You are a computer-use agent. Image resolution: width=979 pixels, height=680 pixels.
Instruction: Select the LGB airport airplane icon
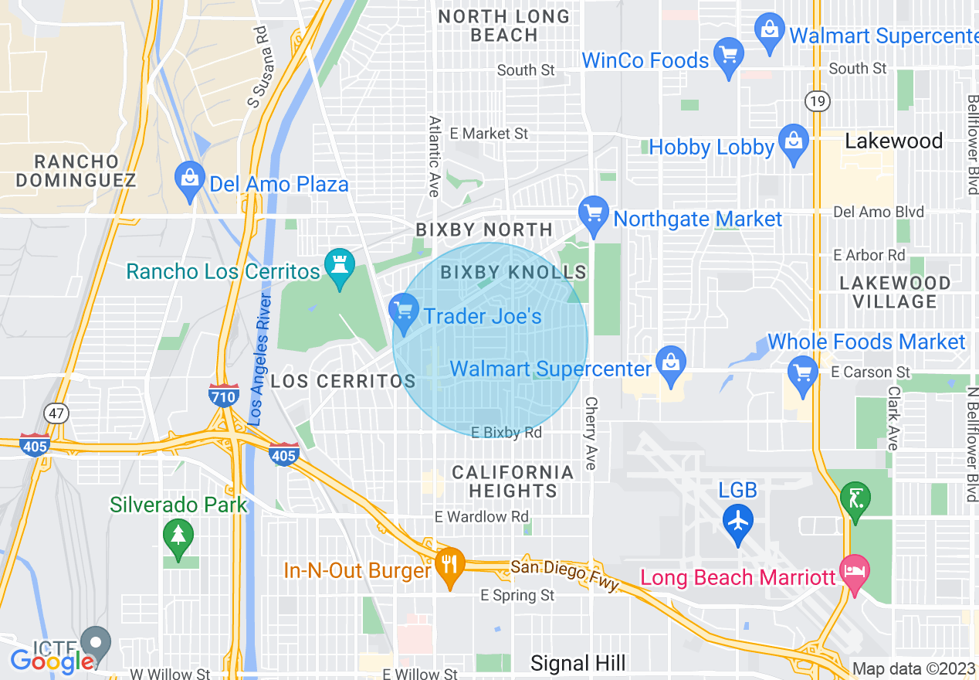click(x=738, y=522)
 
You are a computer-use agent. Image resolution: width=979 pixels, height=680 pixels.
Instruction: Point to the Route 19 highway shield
click(x=815, y=100)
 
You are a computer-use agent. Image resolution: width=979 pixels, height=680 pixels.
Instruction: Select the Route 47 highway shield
click(x=56, y=413)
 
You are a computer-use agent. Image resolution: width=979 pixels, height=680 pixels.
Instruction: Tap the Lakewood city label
click(x=893, y=141)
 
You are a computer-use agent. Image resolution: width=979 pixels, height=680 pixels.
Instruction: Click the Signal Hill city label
click(x=578, y=663)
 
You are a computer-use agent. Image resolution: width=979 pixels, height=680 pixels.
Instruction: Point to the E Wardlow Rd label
click(x=482, y=516)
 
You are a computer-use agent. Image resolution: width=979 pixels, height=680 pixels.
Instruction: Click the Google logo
click(x=52, y=661)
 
